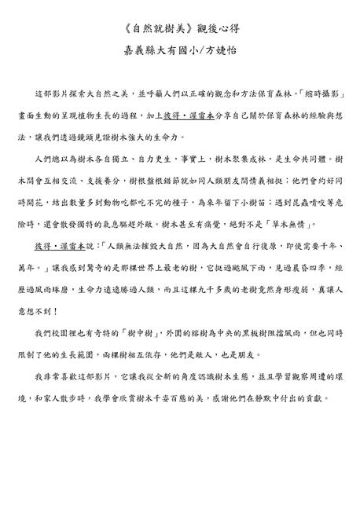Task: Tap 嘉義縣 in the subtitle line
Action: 141,49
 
